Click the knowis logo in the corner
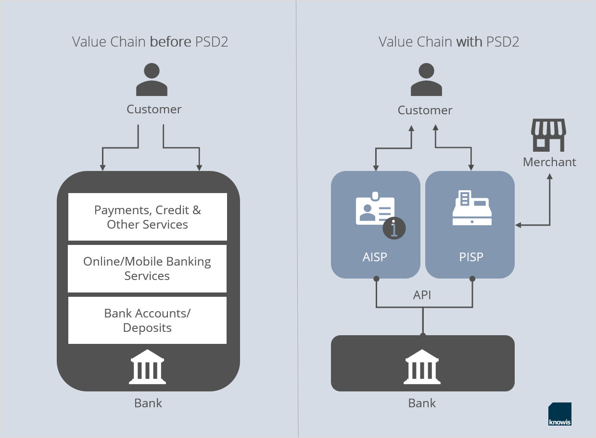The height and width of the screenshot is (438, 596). [x=560, y=414]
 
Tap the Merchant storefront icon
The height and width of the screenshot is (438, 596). [x=548, y=135]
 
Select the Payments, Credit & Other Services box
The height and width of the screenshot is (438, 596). [x=147, y=217]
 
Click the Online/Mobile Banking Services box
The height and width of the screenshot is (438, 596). [x=147, y=268]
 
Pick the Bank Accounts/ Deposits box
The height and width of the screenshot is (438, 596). [x=147, y=320]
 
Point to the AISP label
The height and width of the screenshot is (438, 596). [x=375, y=257]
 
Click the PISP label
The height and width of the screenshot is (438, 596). [x=471, y=257]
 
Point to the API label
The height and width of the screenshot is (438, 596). [x=422, y=295]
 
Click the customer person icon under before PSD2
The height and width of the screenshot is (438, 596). [x=152, y=80]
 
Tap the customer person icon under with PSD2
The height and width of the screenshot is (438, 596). [x=426, y=80]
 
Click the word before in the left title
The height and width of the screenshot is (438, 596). [x=171, y=42]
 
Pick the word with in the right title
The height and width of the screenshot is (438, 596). [x=469, y=42]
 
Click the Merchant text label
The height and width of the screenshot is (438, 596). [x=549, y=162]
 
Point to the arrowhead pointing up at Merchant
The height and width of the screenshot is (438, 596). [x=550, y=177]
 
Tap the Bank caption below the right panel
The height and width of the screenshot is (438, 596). [x=422, y=403]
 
